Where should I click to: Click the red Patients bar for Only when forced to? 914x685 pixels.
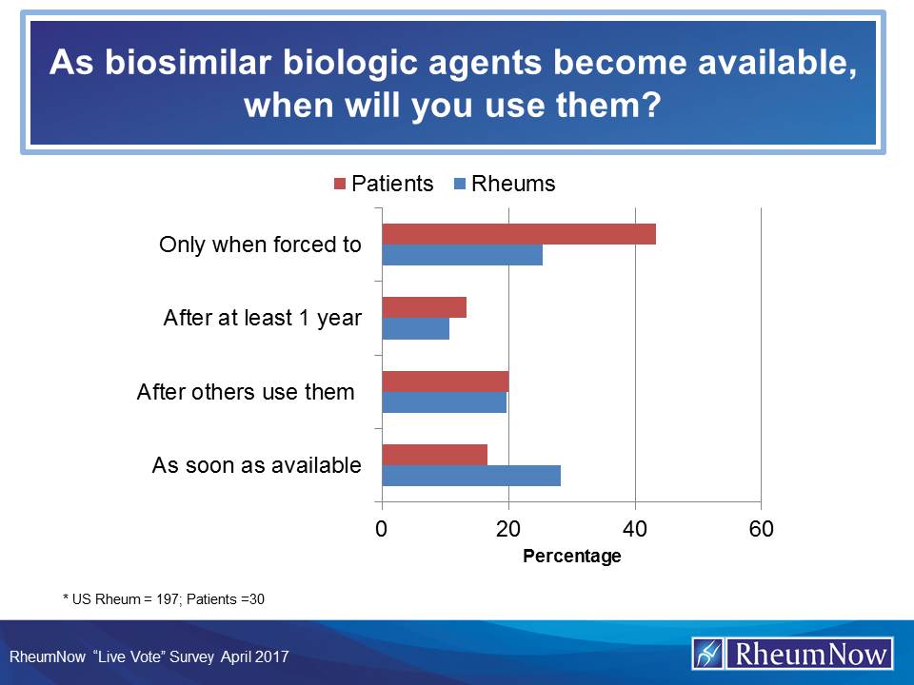519,234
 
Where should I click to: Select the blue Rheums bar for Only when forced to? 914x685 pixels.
462,255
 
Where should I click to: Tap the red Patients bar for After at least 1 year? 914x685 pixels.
424,307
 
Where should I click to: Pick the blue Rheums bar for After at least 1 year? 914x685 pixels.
415,328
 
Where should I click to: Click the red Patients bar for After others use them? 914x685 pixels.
445,382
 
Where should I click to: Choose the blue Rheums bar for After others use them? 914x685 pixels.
444,402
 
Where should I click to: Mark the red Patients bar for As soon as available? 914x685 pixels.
434,455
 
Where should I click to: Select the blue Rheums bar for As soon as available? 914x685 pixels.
471,476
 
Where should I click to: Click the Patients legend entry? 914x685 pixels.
383,184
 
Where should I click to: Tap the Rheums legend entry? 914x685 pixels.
505,184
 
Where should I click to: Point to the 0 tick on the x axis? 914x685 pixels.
382,529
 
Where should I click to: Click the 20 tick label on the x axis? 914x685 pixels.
508,529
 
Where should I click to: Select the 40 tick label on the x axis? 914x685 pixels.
635,529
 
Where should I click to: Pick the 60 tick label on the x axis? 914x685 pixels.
761,529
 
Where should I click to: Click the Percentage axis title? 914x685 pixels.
571,557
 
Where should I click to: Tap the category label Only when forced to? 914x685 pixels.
260,245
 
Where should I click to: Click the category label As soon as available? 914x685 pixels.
256,465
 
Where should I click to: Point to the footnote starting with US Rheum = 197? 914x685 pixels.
168,598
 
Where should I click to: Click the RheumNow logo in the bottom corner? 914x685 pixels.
792,654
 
